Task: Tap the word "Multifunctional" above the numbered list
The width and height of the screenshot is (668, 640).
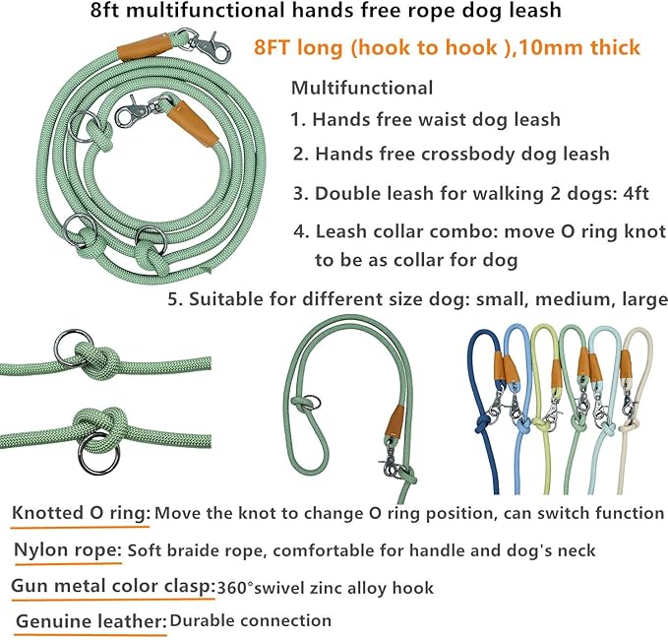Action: point(361,88)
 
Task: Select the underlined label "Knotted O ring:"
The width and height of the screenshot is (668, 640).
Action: point(82,513)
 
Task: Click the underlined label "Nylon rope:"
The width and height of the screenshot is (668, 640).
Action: point(67,549)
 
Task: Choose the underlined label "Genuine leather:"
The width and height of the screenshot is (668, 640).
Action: point(89,621)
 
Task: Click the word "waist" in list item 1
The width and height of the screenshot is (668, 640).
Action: point(465,120)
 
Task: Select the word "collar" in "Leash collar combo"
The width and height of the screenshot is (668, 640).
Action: point(403,232)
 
